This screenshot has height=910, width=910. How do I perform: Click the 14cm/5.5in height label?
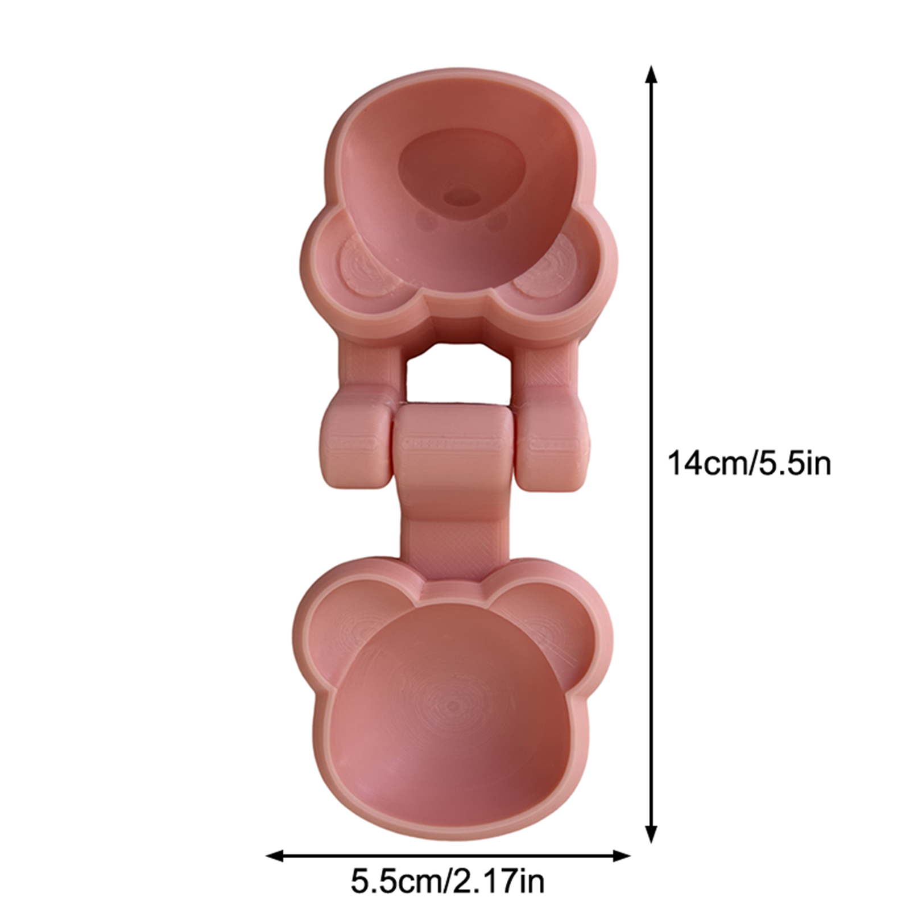(748, 464)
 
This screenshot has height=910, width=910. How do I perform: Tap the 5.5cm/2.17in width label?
(448, 881)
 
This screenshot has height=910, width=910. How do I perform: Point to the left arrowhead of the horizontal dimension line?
(276, 855)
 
